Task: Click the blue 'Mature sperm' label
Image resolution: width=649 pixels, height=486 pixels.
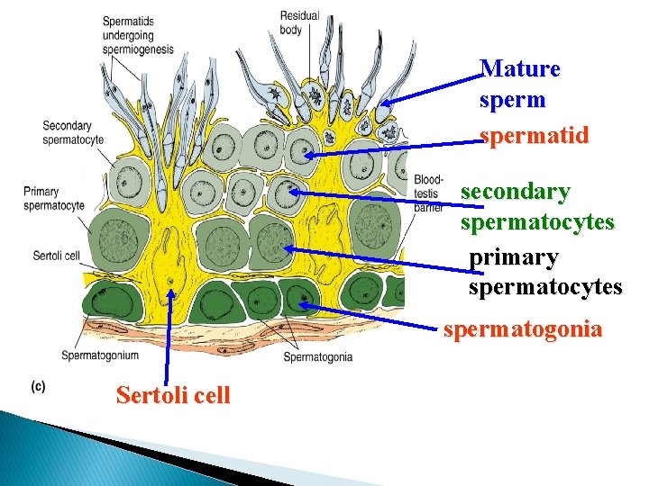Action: point(520,83)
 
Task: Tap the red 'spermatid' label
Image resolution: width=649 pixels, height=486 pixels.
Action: point(535,136)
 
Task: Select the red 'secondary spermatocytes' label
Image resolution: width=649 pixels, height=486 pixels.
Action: point(537,206)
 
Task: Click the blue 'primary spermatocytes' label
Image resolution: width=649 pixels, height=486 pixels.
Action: point(545,273)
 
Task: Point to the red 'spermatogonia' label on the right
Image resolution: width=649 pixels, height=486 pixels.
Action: point(523,329)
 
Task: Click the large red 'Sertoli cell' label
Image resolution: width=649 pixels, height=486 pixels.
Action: point(173,394)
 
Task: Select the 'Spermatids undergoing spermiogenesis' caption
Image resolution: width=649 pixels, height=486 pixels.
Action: point(137,35)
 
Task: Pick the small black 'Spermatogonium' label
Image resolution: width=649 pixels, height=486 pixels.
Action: point(100,355)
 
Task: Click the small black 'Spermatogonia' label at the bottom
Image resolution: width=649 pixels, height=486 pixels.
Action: point(317,357)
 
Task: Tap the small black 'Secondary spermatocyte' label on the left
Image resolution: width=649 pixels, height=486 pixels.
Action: point(73,133)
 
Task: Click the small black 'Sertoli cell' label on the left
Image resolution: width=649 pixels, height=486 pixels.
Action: point(56,256)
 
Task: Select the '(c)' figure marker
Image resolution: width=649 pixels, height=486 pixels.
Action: point(39,386)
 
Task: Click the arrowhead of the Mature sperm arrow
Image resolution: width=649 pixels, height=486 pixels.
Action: point(384,105)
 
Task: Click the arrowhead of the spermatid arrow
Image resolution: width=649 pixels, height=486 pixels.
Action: point(306,155)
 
